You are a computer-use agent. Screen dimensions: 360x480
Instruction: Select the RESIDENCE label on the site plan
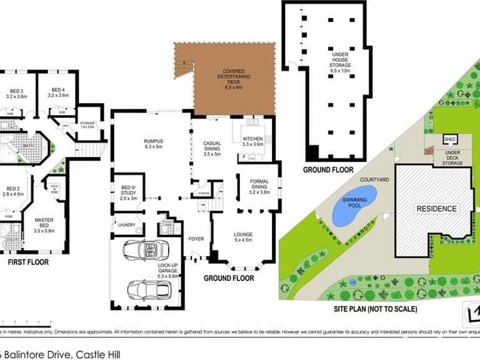click(436, 209)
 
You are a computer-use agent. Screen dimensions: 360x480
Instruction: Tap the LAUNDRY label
click(127, 225)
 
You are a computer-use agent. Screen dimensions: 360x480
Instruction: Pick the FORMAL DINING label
click(260, 185)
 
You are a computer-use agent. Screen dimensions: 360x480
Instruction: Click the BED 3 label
click(16, 92)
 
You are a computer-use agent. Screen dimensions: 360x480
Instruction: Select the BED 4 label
click(58, 92)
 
